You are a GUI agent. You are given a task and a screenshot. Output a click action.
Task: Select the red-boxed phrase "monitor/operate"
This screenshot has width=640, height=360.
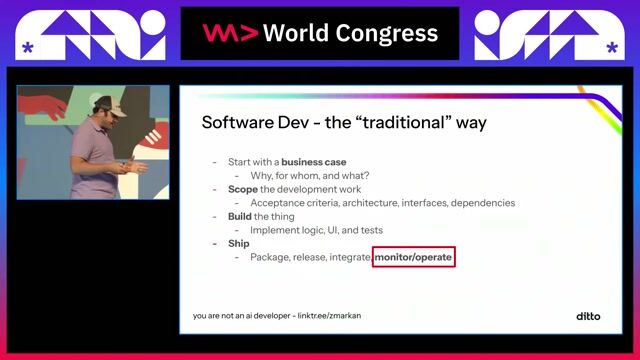[414, 258]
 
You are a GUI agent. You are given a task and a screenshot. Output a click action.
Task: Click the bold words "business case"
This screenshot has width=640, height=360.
[314, 162]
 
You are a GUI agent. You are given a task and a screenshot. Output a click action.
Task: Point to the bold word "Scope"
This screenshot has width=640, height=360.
[242, 189]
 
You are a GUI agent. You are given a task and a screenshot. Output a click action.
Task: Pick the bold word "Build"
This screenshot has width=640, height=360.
[240, 216]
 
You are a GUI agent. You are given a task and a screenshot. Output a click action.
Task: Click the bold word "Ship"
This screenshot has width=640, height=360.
[238, 243]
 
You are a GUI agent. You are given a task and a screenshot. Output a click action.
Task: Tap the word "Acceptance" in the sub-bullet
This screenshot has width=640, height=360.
[281, 203]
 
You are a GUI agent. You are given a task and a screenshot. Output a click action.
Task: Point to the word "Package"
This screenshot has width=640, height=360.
[273, 258]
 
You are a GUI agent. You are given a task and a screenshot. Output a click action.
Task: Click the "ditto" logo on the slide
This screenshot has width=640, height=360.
[589, 316]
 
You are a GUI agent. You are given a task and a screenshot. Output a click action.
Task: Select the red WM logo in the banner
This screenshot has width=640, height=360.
[231, 33]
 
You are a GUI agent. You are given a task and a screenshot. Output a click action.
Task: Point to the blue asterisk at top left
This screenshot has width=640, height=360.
[27, 47]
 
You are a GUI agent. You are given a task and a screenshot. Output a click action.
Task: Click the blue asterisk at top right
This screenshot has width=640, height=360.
[612, 47]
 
